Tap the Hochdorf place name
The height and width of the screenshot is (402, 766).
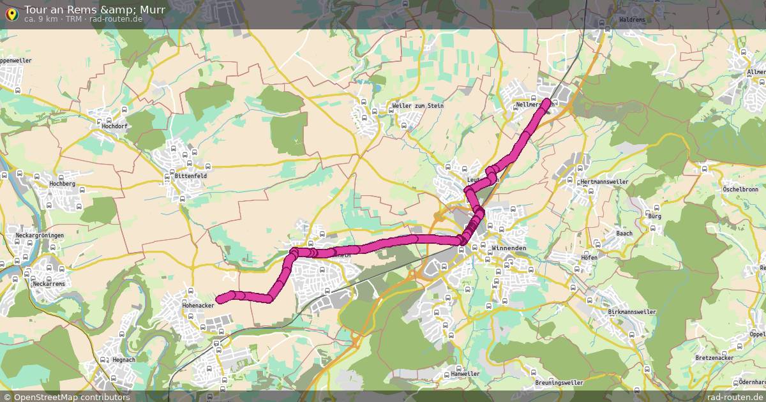115,126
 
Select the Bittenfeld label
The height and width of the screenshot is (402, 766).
191,175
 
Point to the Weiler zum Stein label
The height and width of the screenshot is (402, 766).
417,105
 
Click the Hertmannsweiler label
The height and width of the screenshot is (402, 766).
605,182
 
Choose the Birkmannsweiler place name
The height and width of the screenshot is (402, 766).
633,312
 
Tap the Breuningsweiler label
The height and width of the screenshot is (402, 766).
559,383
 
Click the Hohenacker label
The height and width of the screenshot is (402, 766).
197,305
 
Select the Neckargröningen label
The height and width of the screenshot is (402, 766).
40,235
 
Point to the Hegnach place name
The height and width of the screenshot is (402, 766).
123,360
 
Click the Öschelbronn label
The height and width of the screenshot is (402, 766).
740,190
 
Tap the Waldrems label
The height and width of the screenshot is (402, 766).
632,20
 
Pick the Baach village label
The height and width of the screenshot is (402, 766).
624,234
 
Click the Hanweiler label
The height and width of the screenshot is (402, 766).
465,373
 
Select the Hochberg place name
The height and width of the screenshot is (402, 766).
62,184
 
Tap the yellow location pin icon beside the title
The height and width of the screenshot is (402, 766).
11,13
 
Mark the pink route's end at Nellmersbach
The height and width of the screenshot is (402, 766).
548,101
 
